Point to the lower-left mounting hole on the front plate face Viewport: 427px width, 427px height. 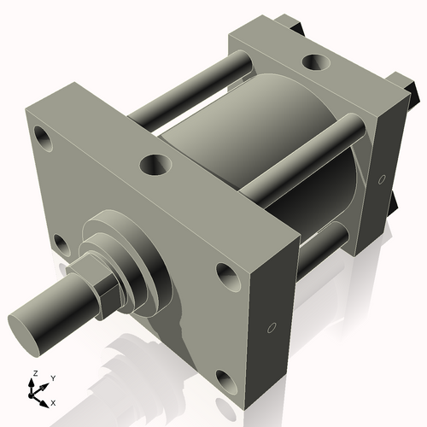point(59,244)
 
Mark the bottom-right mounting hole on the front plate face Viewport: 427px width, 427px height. point(225,378)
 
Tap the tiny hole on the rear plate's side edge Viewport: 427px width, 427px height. point(381,179)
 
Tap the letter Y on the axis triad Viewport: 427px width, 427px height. point(53,377)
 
